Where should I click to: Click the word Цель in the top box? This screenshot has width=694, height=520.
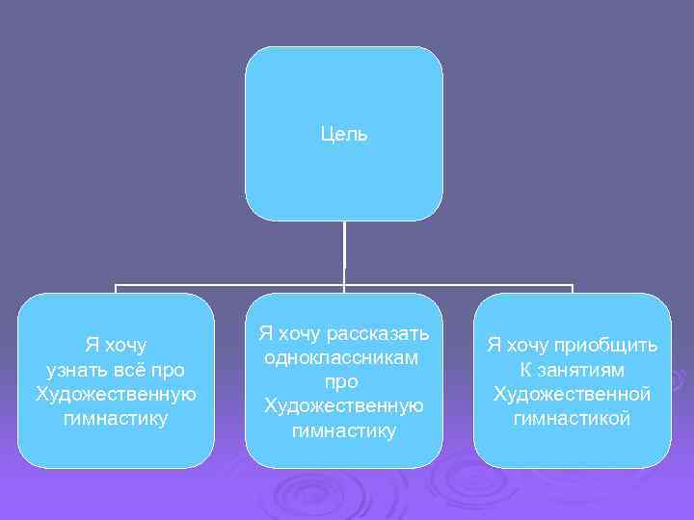point(344,134)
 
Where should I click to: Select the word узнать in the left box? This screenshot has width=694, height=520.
point(74,370)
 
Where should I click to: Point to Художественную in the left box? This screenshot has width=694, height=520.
point(116,394)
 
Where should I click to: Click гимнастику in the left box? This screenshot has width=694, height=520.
point(116,418)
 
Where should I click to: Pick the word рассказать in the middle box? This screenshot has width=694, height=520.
point(378,334)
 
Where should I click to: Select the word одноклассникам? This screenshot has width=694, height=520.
point(343,358)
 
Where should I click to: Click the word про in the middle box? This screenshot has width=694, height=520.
point(343,382)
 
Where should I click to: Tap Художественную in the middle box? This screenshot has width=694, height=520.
point(343,406)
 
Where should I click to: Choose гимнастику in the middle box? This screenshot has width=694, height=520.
point(343,430)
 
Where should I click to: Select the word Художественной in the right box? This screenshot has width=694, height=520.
point(572,394)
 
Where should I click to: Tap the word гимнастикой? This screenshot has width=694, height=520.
point(572,418)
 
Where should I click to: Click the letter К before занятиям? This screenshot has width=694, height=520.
point(525,370)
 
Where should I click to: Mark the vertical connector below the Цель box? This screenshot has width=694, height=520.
point(344,252)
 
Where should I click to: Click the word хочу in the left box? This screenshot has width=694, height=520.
point(126,346)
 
